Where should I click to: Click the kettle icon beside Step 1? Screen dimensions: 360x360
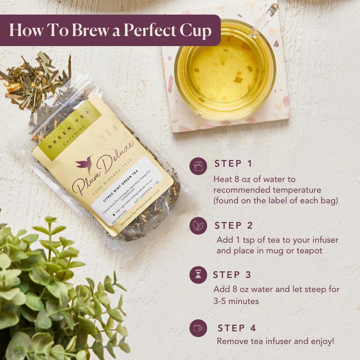tap(198, 166)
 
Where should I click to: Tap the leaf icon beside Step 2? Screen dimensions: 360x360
tap(198, 226)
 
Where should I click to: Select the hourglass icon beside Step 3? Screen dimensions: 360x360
tap(198, 275)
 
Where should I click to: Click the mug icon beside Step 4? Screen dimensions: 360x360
tap(198, 328)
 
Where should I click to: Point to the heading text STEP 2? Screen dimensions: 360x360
tap(234, 226)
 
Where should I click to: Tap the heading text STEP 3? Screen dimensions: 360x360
tap(232, 275)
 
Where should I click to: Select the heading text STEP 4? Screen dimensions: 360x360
tap(237, 328)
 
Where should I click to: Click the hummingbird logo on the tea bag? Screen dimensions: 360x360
tap(84, 164)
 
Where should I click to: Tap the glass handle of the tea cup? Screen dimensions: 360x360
tap(266, 18)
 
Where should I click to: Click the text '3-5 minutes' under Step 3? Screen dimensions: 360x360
tap(236, 301)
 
